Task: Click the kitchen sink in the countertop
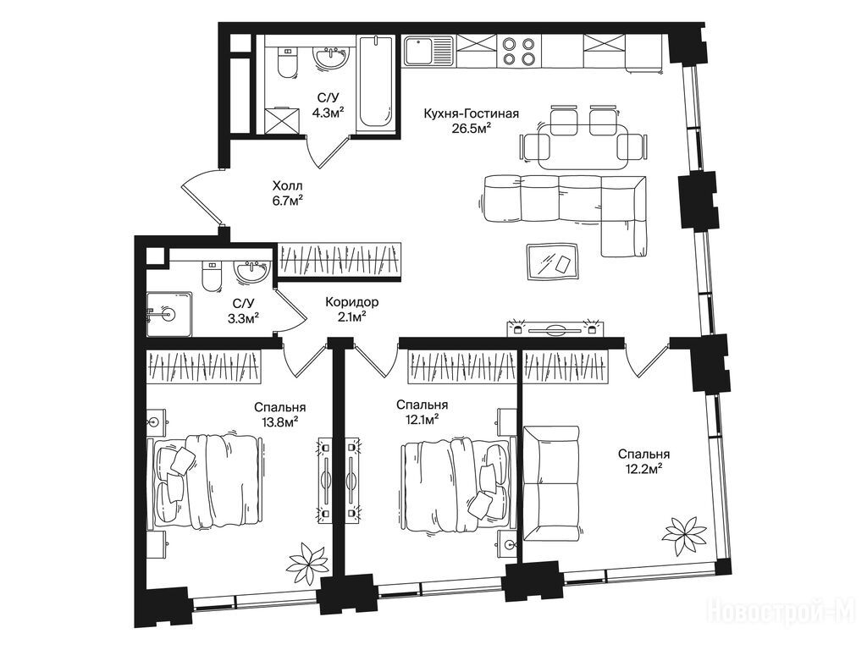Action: pyautogui.click(x=428, y=50)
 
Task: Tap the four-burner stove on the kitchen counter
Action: pyautogui.click(x=517, y=51)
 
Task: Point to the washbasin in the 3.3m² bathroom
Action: pyautogui.click(x=251, y=272)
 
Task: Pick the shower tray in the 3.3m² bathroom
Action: pyautogui.click(x=169, y=315)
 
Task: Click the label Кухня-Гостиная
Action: pyautogui.click(x=471, y=114)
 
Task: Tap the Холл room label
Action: pyautogui.click(x=288, y=185)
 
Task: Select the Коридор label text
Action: pyautogui.click(x=351, y=302)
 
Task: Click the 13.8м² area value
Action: pyautogui.click(x=279, y=422)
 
